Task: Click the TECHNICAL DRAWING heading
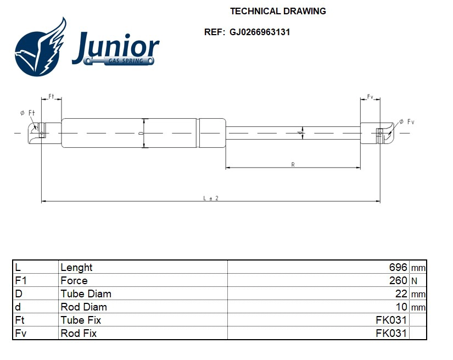coord(277,11)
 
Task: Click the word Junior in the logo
coord(115,48)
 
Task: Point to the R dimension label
coord(293,164)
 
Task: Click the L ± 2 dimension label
coord(211,198)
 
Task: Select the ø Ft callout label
coord(27,113)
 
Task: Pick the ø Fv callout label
coord(406,121)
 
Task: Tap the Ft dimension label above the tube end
coord(51,97)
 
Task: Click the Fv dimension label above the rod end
coord(370,97)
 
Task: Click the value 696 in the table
coord(398,268)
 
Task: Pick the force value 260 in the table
coord(398,281)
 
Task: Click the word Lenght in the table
coord(76,268)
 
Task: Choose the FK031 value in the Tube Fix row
coord(391,320)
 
